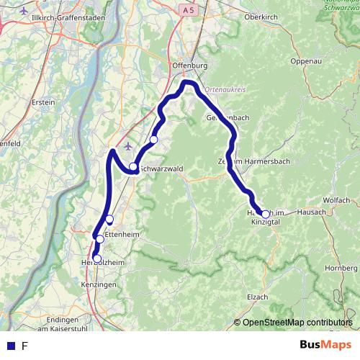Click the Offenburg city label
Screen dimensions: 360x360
tap(190, 66)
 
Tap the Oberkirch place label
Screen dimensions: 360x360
tap(261, 16)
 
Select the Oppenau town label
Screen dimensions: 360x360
tap(305, 61)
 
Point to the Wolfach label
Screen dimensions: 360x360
tap(336, 199)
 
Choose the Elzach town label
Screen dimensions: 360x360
tap(257, 297)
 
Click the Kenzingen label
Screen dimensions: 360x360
tap(99, 285)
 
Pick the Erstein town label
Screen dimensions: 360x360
tap(43, 102)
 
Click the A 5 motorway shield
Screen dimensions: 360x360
tap(189, 10)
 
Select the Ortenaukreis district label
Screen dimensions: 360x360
tap(225, 90)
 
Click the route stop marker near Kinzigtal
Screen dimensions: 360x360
tap(266, 214)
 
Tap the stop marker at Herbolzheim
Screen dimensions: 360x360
tap(97, 258)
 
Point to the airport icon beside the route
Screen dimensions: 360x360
tap(128, 147)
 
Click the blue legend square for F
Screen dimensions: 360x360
tap(11, 346)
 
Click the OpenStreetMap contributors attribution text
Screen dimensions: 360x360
tap(292, 323)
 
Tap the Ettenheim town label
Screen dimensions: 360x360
tap(120, 235)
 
